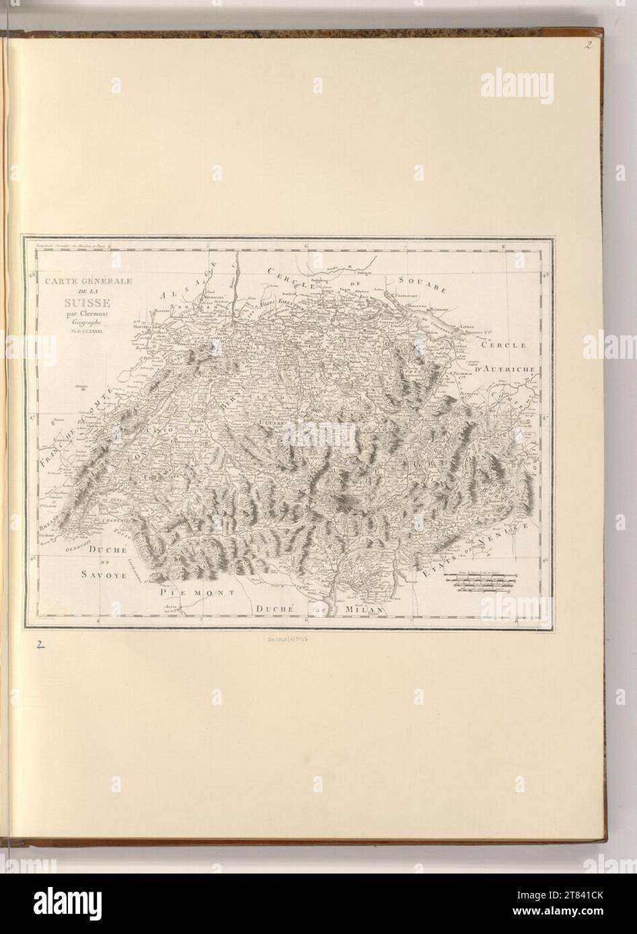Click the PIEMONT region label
click(x=197, y=594)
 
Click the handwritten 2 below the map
click(x=40, y=644)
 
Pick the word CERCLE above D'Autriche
click(x=506, y=345)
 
